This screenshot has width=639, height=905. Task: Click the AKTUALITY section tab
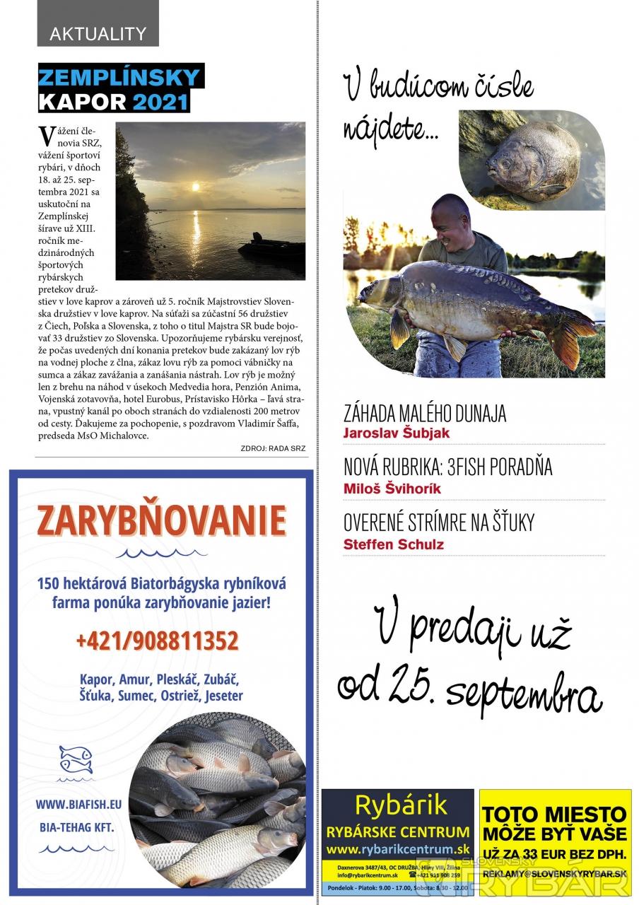click(x=98, y=33)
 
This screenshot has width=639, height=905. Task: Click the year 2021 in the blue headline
click(x=161, y=102)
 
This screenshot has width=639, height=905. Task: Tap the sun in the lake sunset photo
click(x=196, y=187)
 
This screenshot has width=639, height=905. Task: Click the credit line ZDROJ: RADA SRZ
click(x=273, y=448)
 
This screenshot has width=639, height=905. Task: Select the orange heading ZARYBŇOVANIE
click(x=162, y=522)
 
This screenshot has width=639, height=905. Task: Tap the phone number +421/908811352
click(x=157, y=641)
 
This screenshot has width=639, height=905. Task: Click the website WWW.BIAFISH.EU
click(x=78, y=804)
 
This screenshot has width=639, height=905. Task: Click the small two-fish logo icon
click(x=76, y=759)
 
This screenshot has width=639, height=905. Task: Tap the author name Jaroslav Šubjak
click(x=396, y=433)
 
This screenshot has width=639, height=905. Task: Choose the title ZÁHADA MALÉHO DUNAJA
click(x=425, y=413)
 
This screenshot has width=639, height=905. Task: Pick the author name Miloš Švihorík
click(x=393, y=489)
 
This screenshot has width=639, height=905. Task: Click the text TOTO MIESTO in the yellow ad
click(x=555, y=814)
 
